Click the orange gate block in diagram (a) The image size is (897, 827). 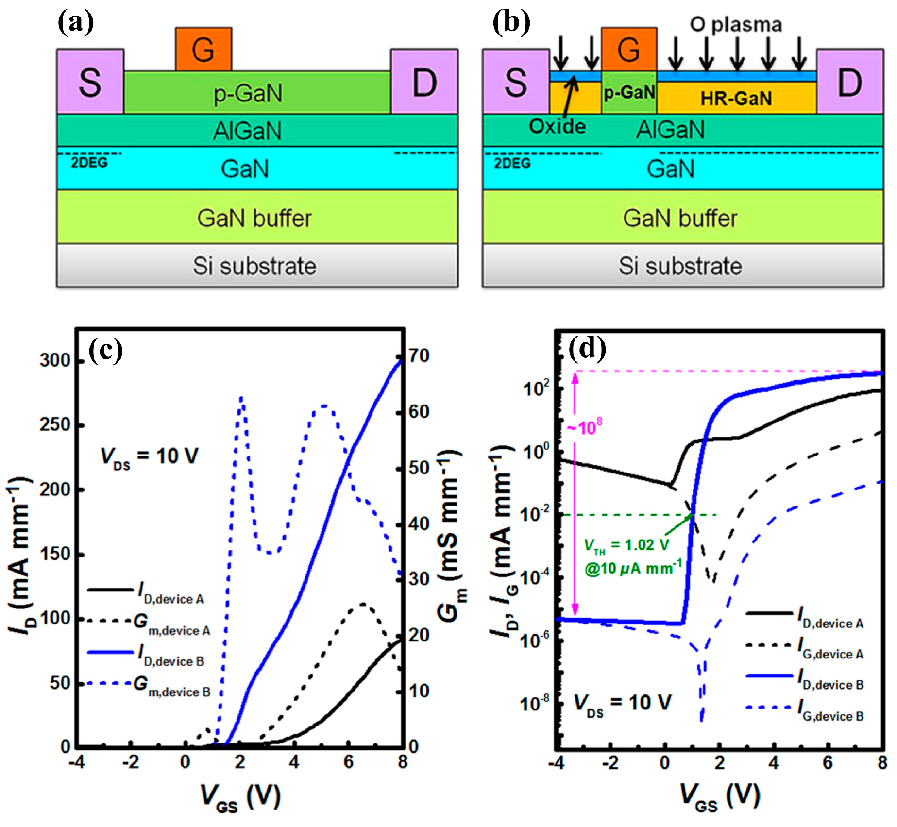pyautogui.click(x=203, y=49)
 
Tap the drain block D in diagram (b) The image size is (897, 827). pyautogui.click(x=849, y=82)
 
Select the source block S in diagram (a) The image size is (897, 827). pyautogui.click(x=90, y=82)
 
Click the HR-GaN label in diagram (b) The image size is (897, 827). pyautogui.click(x=736, y=99)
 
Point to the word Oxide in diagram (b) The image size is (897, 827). pyautogui.click(x=557, y=127)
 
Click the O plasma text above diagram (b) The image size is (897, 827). pyautogui.click(x=736, y=24)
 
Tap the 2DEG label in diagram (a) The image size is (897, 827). pyautogui.click(x=89, y=163)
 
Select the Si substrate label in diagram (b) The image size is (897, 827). pyautogui.click(x=680, y=266)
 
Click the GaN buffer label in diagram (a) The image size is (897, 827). pyautogui.click(x=254, y=218)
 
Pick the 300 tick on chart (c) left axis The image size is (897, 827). pyautogui.click(x=55, y=360)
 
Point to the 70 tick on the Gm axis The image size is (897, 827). pyautogui.click(x=419, y=355)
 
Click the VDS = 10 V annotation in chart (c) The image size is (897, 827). pyautogui.click(x=149, y=456)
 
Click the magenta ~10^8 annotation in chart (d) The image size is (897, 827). pyautogui.click(x=585, y=428)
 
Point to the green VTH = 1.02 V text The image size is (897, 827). pyautogui.click(x=626, y=545)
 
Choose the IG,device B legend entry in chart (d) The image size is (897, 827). pyautogui.click(x=830, y=710)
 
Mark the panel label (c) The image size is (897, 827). pyautogui.click(x=105, y=350)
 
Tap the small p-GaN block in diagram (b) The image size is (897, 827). pyautogui.click(x=629, y=92)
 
